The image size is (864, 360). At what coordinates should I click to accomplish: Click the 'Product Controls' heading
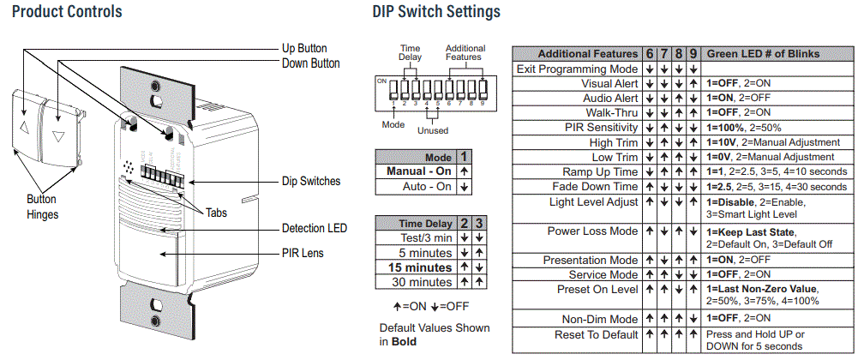click(x=67, y=12)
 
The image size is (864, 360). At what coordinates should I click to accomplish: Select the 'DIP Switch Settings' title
click(x=436, y=12)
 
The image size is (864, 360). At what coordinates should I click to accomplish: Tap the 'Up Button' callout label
click(x=304, y=49)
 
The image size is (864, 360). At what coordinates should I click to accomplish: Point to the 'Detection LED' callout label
click(x=315, y=229)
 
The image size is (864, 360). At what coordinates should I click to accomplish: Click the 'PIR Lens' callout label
click(x=303, y=254)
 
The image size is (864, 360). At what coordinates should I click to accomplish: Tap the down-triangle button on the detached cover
click(x=58, y=135)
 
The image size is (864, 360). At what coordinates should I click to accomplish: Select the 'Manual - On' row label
click(x=419, y=171)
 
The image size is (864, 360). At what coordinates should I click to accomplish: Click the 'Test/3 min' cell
click(x=423, y=238)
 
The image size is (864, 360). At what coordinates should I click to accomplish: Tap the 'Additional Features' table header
click(x=588, y=54)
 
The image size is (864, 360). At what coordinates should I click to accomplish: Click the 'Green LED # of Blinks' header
click(x=763, y=54)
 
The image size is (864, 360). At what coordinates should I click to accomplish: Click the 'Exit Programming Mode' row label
click(x=578, y=69)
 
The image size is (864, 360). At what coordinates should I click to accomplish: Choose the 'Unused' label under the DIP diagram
click(x=432, y=131)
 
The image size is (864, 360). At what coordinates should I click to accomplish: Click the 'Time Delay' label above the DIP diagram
click(x=409, y=53)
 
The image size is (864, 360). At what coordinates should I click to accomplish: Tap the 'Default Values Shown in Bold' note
click(x=435, y=334)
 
